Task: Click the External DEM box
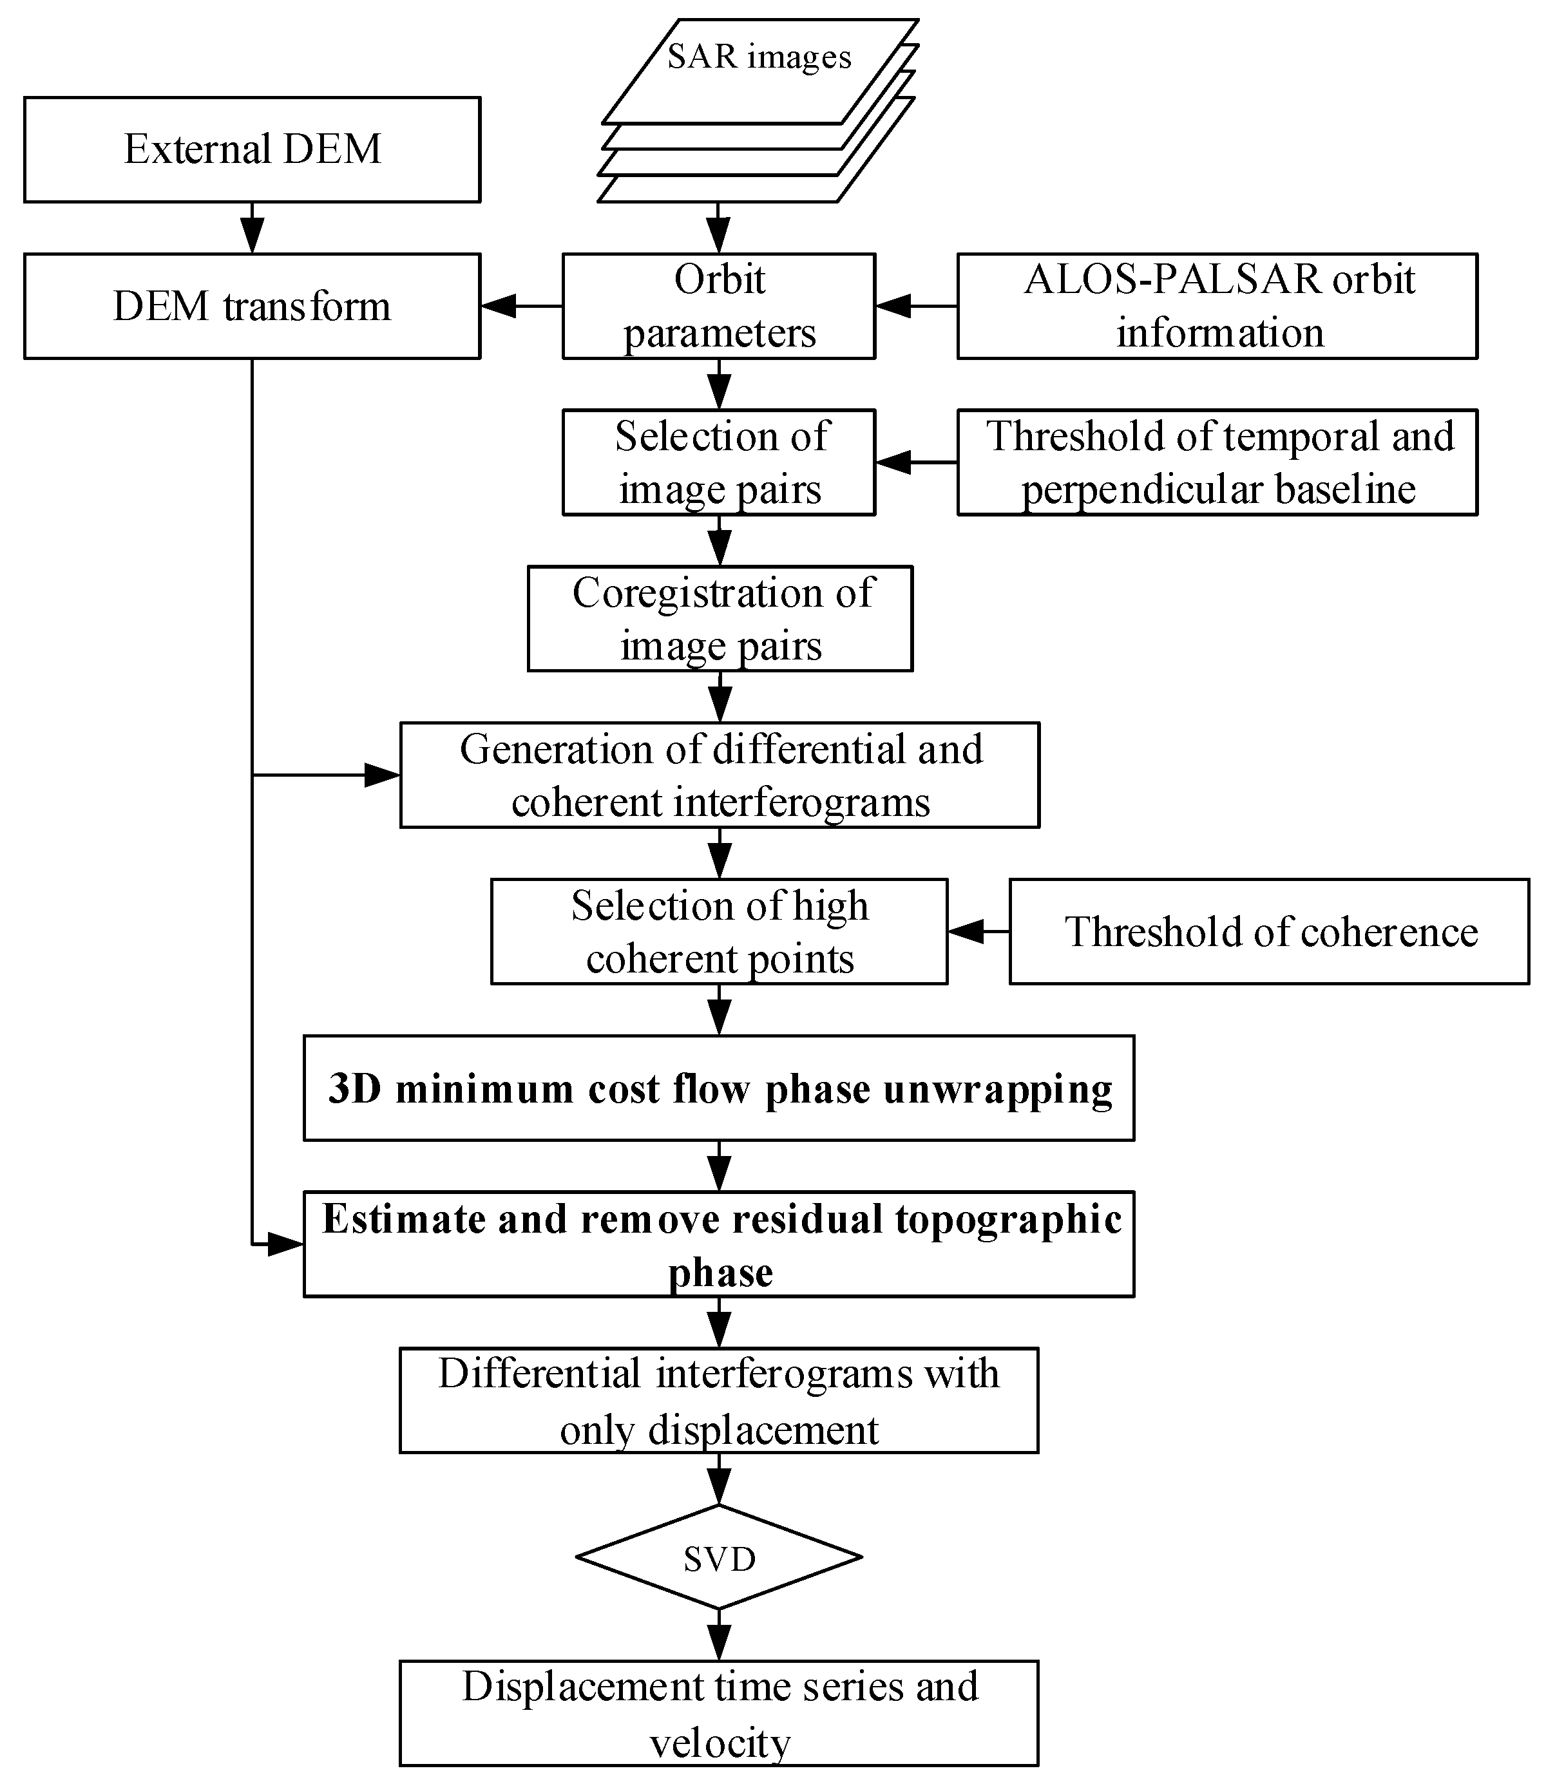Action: click(252, 149)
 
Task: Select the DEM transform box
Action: click(252, 305)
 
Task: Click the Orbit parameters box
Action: click(719, 305)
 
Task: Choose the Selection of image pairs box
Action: click(719, 462)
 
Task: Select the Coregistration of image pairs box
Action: click(720, 618)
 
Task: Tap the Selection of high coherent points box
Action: click(719, 931)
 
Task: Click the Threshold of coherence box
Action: click(1269, 931)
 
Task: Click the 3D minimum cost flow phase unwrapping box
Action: click(719, 1088)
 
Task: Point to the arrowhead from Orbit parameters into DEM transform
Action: click(498, 305)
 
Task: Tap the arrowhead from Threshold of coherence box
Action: click(966, 931)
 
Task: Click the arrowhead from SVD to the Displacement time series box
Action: click(719, 1643)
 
